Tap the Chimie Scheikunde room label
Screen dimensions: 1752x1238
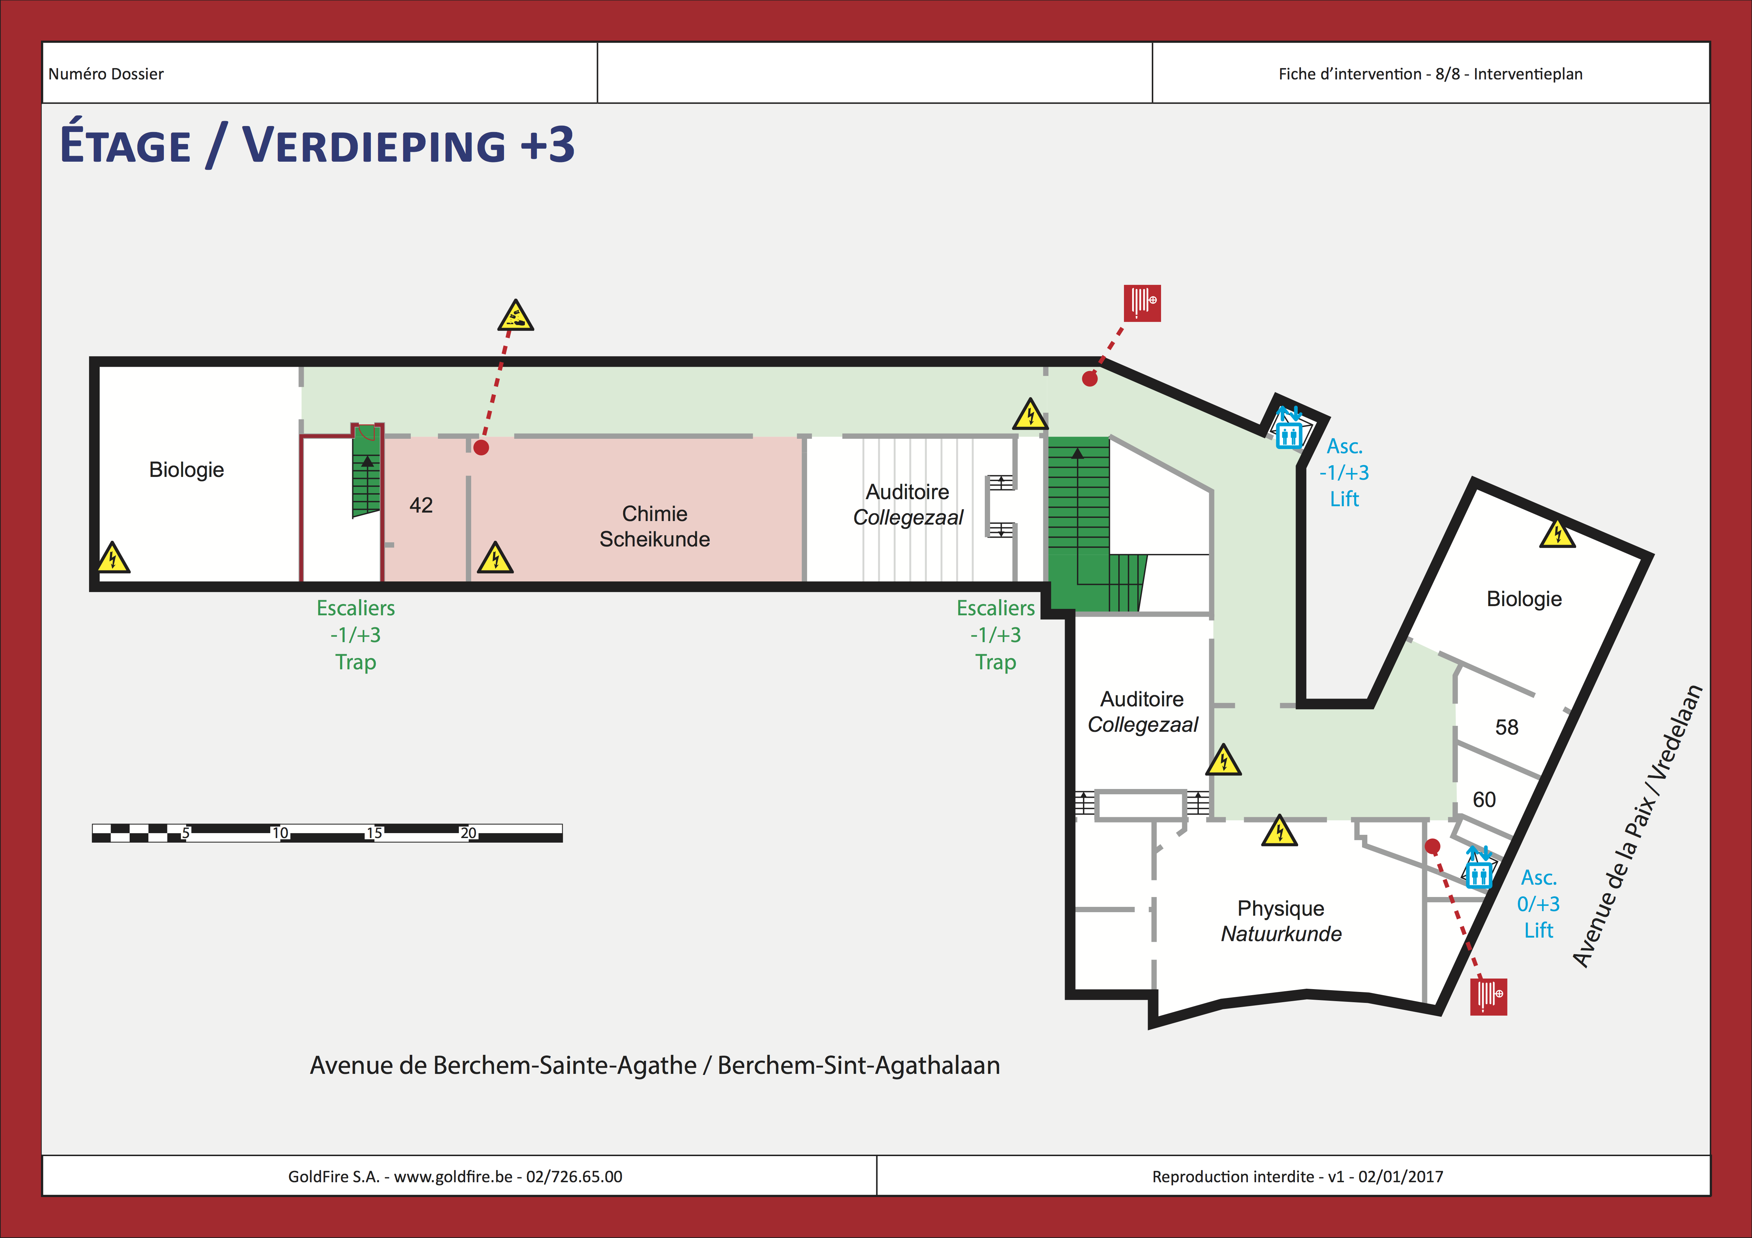click(x=655, y=526)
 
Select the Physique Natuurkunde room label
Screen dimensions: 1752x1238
click(x=1281, y=921)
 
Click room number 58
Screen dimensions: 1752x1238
click(x=1506, y=727)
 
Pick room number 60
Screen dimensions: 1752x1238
click(x=1484, y=800)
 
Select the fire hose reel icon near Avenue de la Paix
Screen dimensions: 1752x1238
click(x=1489, y=996)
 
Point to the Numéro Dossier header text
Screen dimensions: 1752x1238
click(x=106, y=74)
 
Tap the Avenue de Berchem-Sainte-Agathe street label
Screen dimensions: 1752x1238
click(x=655, y=1065)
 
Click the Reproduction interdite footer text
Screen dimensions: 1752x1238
click(x=1297, y=1176)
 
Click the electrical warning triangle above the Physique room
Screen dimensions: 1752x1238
click(x=1280, y=831)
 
